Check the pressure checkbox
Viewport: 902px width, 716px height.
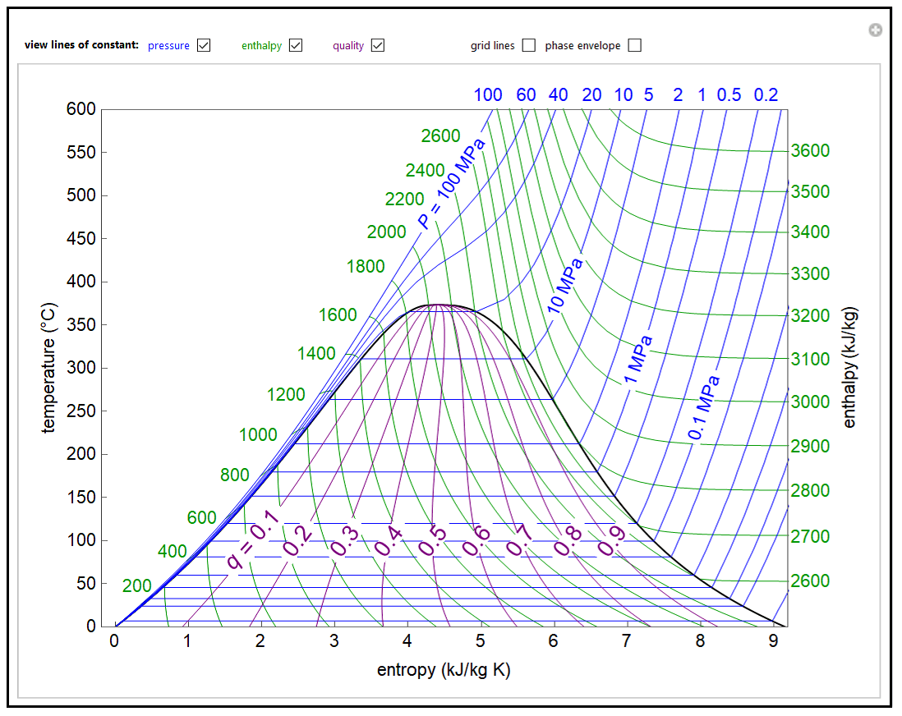[x=204, y=45]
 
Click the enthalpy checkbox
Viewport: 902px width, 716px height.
[x=296, y=45]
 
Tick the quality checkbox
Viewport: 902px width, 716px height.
[x=378, y=45]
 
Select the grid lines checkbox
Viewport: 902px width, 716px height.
[x=529, y=45]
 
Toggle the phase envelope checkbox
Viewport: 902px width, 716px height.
[x=634, y=45]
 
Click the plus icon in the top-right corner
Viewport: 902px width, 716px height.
[x=876, y=30]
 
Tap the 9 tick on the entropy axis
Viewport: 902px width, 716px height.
[x=773, y=642]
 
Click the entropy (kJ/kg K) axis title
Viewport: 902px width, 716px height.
[x=444, y=670]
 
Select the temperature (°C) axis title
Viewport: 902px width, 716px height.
[x=50, y=367]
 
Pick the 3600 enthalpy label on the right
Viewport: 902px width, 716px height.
[x=810, y=151]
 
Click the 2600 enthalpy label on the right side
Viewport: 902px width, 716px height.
[x=810, y=581]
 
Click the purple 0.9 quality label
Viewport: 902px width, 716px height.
[x=611, y=540]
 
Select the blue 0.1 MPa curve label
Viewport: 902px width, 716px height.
[x=705, y=407]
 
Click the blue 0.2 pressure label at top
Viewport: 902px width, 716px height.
[x=766, y=94]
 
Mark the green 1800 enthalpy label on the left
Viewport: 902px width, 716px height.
[x=366, y=266]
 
